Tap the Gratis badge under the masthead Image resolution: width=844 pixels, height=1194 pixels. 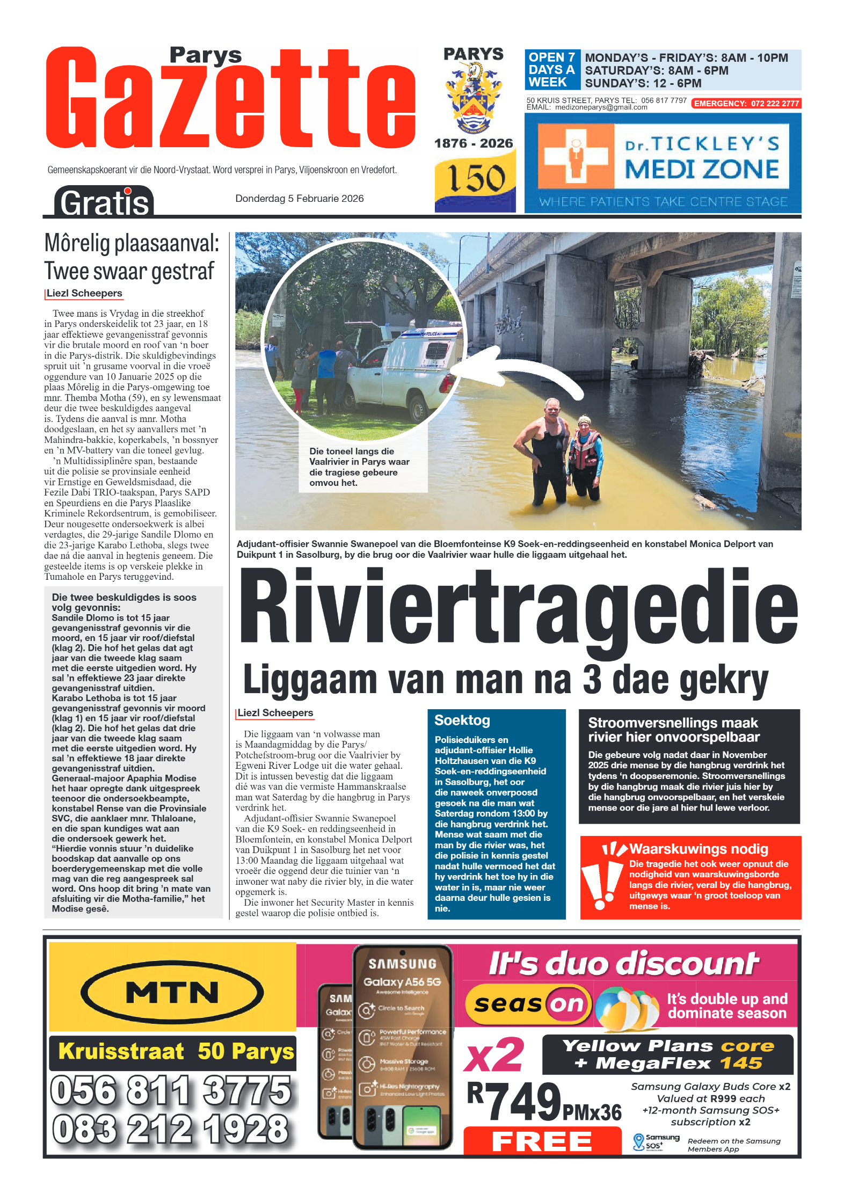pos(104,202)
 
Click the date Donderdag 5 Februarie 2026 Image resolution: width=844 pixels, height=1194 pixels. pos(299,199)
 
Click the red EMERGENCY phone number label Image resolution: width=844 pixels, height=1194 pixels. pos(746,104)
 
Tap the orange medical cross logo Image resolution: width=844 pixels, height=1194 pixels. pos(576,156)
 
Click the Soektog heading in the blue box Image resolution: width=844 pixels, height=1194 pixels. pos(462,720)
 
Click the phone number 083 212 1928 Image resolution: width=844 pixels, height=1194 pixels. pos(171,1129)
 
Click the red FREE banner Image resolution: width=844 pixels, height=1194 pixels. pos(542,1141)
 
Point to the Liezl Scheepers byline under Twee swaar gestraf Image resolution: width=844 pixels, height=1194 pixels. pos(84,293)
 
